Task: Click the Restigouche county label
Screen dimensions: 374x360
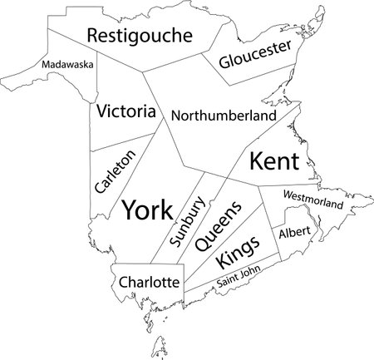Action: [x=139, y=35]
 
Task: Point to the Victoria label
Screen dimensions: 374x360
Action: [x=125, y=111]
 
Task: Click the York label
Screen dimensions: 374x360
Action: [x=147, y=210]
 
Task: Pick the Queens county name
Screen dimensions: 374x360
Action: [x=219, y=226]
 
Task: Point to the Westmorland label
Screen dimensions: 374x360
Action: [x=312, y=200]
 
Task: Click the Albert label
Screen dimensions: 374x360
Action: [x=294, y=230]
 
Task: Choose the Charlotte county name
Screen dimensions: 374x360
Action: [x=149, y=283]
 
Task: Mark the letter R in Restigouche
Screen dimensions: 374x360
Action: [x=93, y=36]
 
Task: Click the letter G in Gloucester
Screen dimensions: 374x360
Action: [x=225, y=63]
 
